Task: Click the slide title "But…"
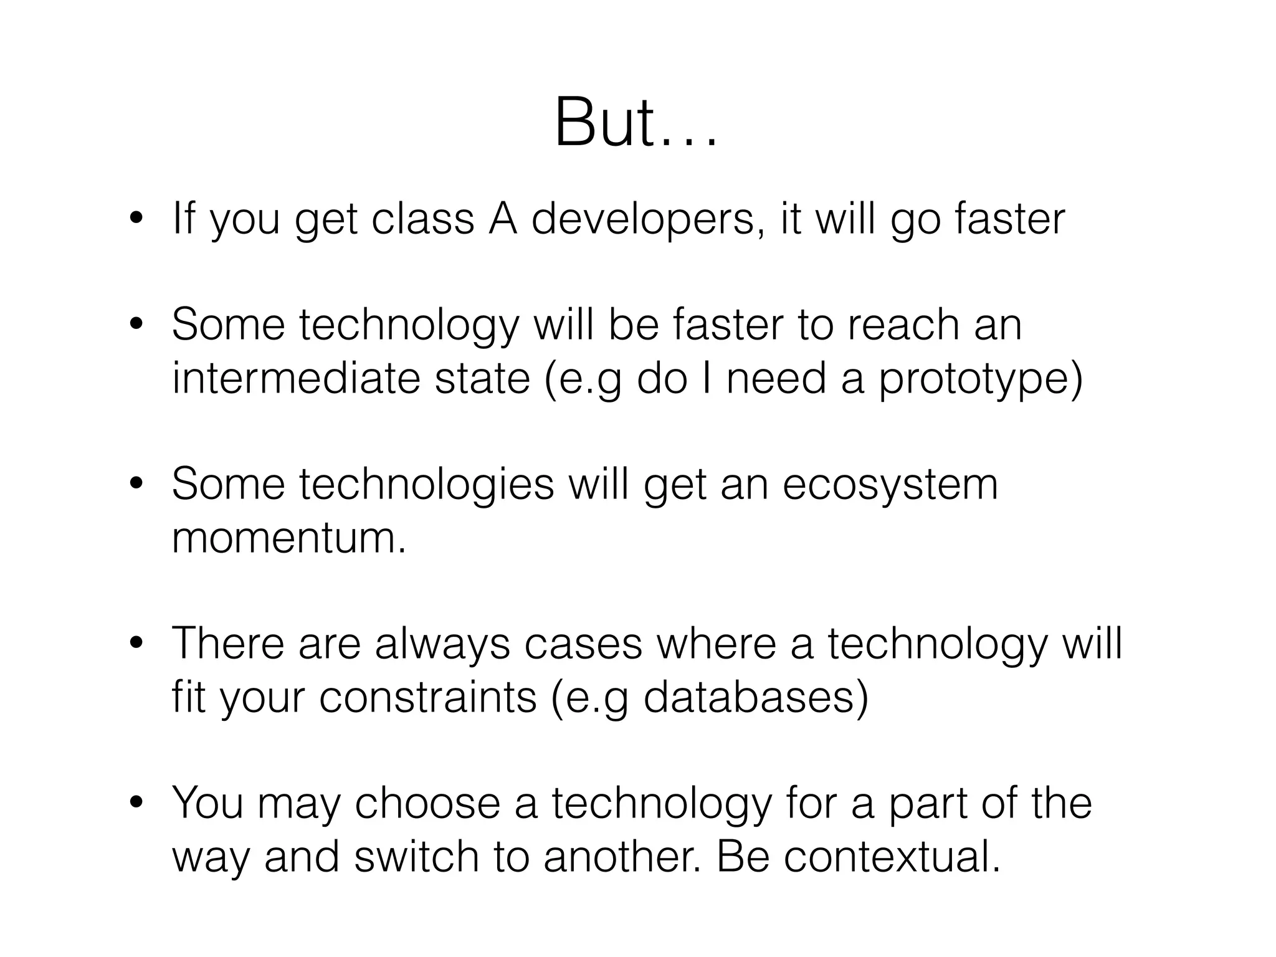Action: point(636,123)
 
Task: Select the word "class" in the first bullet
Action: point(422,220)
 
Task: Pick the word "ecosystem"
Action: point(890,486)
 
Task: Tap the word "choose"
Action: point(427,804)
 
